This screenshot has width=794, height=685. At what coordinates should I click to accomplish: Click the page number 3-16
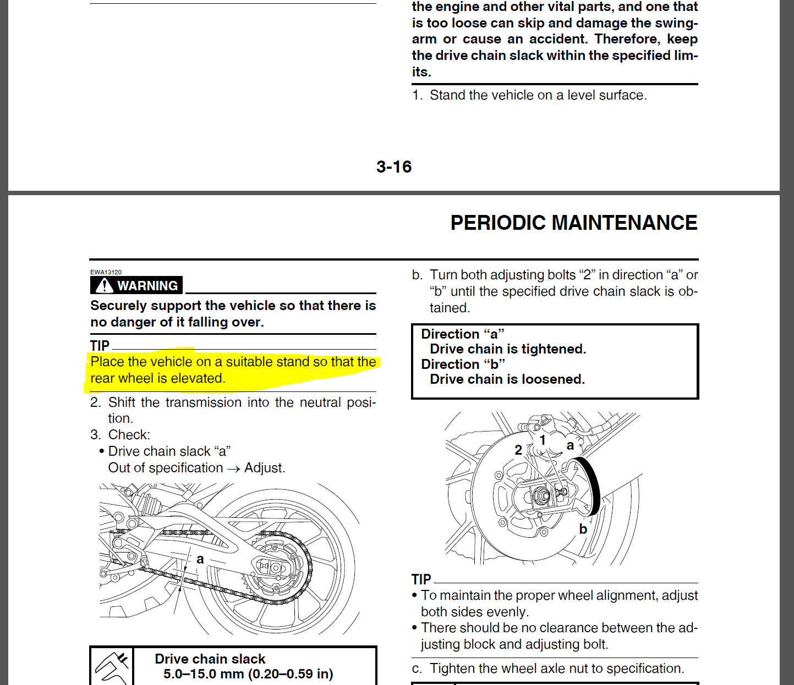coord(394,167)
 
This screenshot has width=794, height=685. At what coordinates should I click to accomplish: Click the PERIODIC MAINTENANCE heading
coord(574,223)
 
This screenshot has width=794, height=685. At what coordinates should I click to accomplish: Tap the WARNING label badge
coord(136,285)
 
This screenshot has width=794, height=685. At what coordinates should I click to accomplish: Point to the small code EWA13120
coord(106,272)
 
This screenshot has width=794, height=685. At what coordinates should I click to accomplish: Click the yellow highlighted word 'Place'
coord(107,362)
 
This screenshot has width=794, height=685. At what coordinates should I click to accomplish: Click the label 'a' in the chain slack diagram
coord(200,559)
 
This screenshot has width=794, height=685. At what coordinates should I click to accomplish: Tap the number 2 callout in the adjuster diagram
coord(518,450)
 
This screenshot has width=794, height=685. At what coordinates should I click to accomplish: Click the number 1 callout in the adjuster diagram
coord(543,440)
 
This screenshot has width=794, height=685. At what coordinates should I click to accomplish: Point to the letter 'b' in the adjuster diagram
coord(583,529)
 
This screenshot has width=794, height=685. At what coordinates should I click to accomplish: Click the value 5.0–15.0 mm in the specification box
coord(205,674)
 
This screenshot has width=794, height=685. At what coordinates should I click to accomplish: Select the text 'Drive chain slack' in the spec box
coord(210,659)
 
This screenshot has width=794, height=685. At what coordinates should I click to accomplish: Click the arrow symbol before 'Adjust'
coord(233,468)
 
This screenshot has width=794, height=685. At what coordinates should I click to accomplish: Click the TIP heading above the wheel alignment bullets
coord(421,579)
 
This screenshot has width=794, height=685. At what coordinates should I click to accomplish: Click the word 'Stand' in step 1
coord(447,95)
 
